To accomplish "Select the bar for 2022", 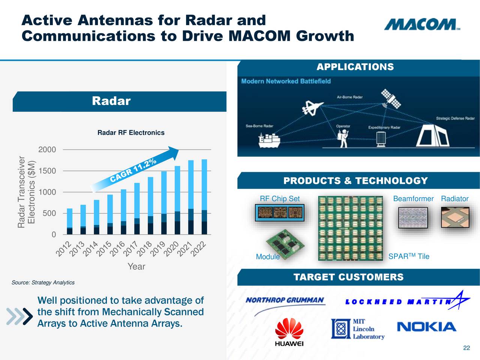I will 204,197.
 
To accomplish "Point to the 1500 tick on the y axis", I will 47,171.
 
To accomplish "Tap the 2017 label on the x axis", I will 131,249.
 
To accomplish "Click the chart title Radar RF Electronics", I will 131,133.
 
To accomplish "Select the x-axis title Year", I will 136,267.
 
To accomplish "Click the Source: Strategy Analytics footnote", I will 43,282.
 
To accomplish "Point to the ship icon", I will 269,140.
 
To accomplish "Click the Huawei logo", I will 289,332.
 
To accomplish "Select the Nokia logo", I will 426,327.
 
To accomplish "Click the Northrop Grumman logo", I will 285,301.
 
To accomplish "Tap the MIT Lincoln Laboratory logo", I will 358,329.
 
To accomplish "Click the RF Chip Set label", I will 280,199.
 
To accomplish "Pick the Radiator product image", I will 455,217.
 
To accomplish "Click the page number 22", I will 466,348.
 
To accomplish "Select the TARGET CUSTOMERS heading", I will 348,277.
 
